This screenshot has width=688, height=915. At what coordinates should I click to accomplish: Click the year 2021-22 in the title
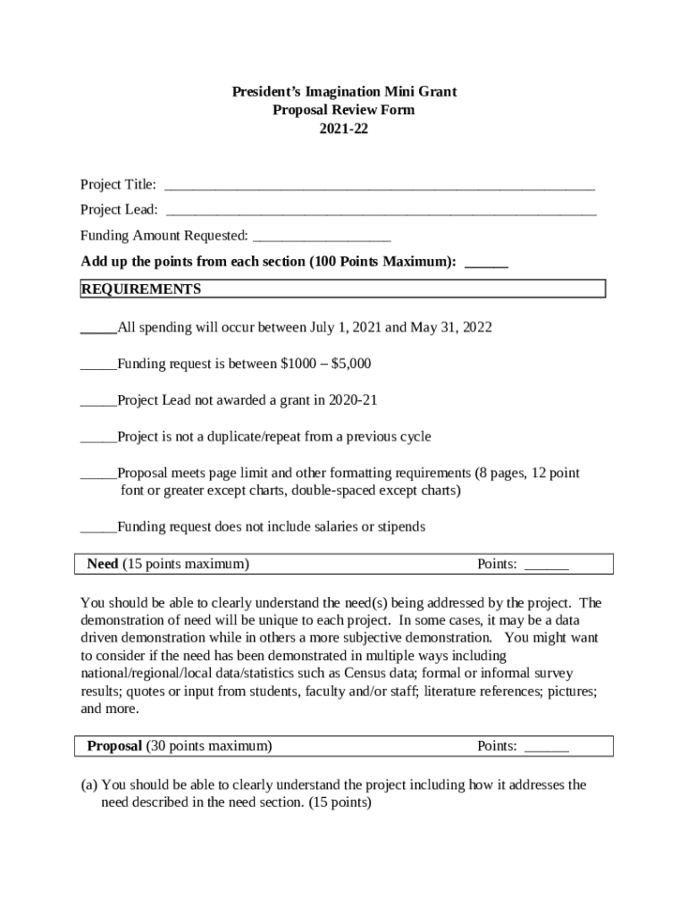[x=344, y=129]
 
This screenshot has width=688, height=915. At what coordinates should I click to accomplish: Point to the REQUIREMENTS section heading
[x=141, y=290]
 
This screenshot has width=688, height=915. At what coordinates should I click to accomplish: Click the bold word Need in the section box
[x=102, y=564]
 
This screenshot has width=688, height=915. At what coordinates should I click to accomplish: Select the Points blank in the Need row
[x=546, y=565]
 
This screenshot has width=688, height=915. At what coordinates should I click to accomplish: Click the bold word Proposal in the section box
[x=114, y=746]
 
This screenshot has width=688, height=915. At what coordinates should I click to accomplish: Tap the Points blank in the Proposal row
[x=546, y=747]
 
